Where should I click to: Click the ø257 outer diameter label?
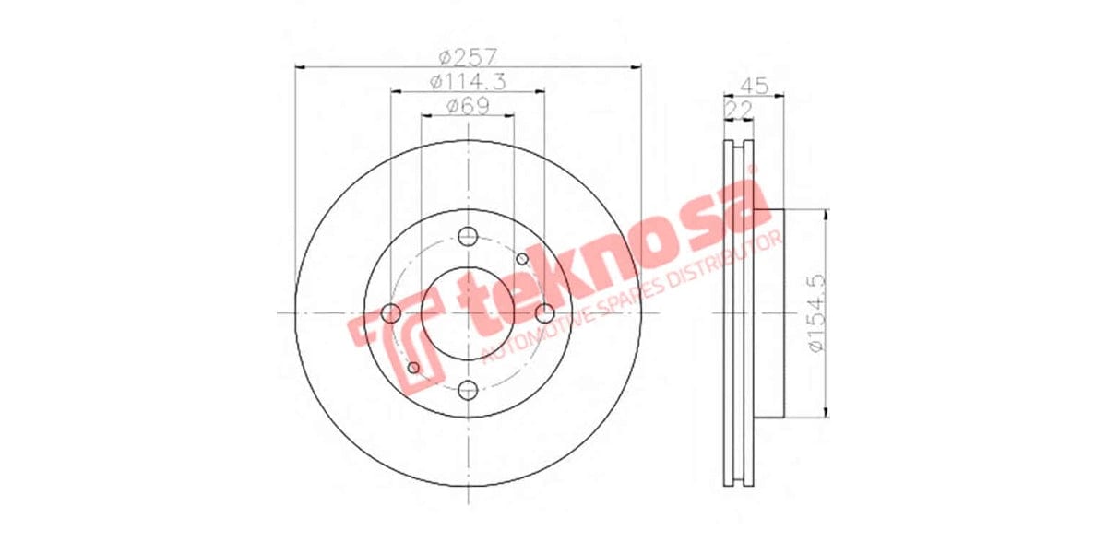(468, 55)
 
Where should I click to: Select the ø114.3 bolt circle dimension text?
(468, 81)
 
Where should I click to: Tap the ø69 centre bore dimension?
(468, 106)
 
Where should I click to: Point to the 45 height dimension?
(755, 87)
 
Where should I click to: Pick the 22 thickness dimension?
(737, 110)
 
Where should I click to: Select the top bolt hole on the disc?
(468, 235)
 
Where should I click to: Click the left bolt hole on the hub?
(390, 312)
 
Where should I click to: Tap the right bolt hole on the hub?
(545, 312)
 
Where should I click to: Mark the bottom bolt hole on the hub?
(468, 390)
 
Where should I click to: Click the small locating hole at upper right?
(522, 258)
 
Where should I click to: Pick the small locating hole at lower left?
(413, 368)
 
